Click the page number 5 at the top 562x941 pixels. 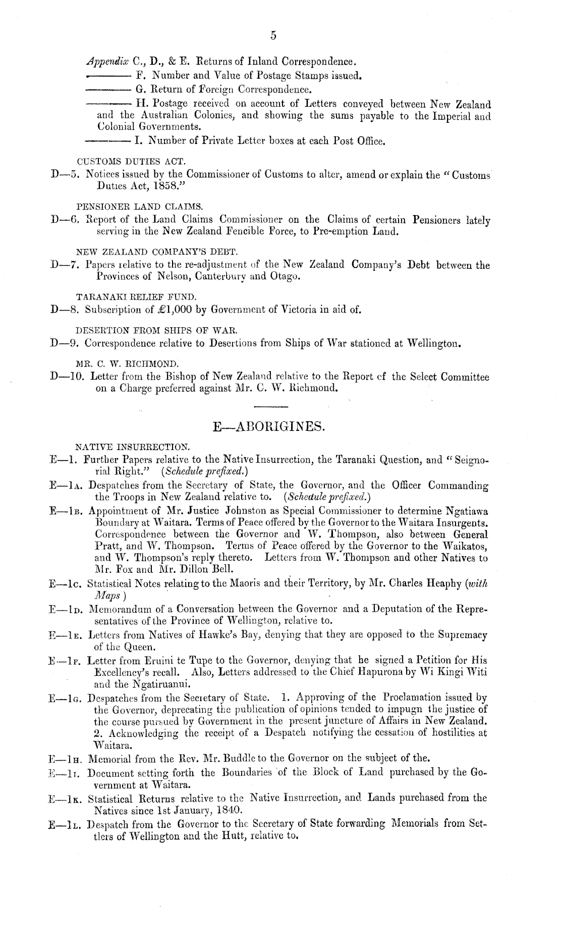click(273, 35)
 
